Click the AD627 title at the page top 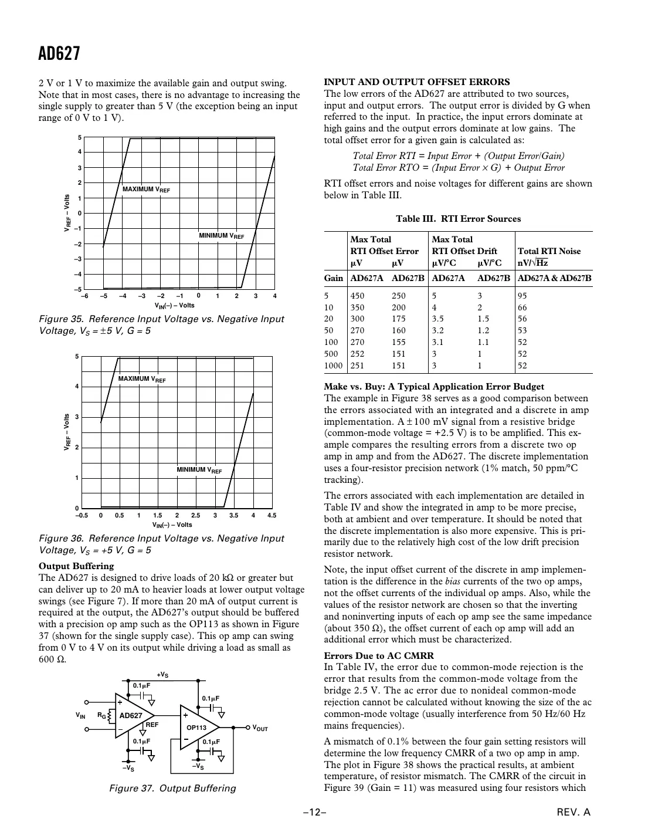59,54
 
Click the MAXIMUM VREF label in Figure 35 146,190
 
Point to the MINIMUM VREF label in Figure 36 199,470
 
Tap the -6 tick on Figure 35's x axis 84,296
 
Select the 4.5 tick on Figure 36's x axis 271,516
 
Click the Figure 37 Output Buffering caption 172,788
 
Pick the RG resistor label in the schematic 101,716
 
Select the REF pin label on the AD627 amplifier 152,725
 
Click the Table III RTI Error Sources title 458,219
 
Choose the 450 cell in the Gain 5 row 357,296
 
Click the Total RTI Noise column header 549,251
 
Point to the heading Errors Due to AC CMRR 379,655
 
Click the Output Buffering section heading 76,566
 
